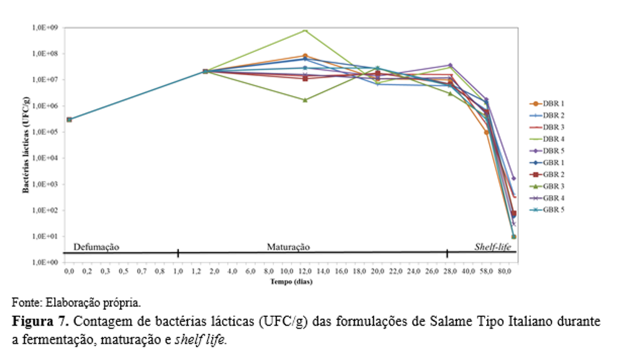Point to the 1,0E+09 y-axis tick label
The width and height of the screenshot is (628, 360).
46,28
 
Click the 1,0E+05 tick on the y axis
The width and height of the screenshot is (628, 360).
46,132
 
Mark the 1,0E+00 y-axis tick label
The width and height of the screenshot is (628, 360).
46,262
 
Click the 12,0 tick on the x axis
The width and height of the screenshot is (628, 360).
305,272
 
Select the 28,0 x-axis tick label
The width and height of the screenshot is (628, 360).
447,272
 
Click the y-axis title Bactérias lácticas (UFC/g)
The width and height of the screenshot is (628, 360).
26,145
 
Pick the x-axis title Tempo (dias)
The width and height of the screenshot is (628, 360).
291,282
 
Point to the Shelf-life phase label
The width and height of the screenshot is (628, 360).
493,247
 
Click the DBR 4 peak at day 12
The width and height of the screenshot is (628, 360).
305,30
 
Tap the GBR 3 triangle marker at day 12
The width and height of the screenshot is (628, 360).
305,100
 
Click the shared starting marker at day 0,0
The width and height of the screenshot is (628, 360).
69,119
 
